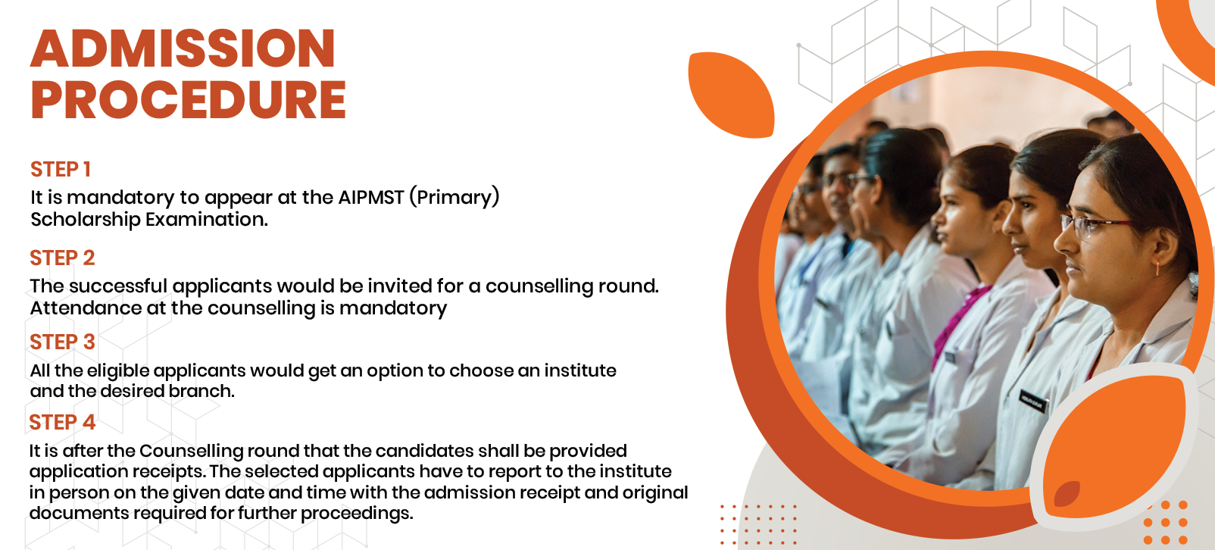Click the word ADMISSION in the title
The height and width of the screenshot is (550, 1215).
183,48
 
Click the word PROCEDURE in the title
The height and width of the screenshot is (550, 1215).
188,100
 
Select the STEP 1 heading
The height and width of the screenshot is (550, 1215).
60,169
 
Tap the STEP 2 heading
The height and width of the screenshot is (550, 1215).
62,258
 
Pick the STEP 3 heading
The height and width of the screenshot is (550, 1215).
62,342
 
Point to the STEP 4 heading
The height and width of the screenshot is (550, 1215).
62,423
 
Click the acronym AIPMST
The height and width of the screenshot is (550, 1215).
371,198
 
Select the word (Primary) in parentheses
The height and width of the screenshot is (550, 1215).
454,198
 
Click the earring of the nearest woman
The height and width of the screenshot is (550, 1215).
1156,268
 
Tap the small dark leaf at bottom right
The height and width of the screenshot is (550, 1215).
1067,494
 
